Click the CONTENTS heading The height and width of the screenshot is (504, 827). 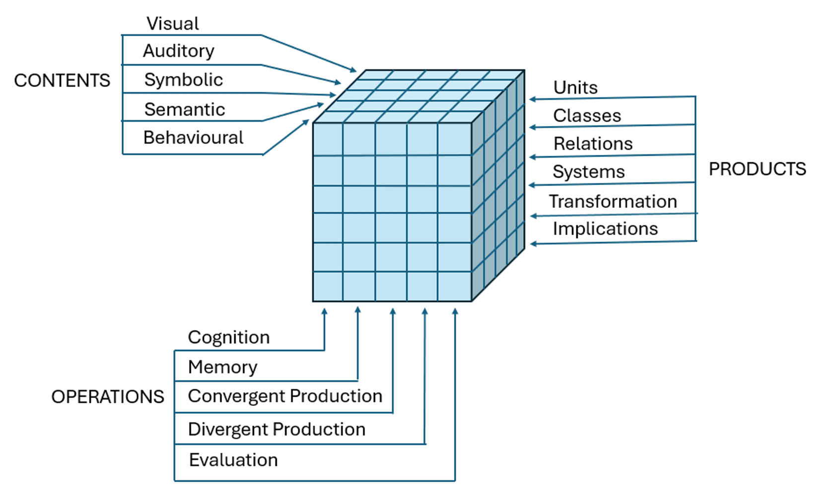[62, 80]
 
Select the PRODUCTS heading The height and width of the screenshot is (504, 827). [757, 169]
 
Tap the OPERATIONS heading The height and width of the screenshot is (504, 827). [108, 397]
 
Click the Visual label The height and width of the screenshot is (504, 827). [173, 23]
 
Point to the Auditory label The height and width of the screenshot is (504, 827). [179, 51]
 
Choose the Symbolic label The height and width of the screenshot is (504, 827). [184, 79]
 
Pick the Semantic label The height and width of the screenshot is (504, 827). [185, 109]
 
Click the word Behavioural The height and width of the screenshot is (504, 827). [193, 137]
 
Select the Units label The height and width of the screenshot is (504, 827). [575, 87]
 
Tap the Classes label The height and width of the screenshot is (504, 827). [587, 116]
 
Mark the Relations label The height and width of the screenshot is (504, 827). [593, 143]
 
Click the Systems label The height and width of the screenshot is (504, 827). [588, 172]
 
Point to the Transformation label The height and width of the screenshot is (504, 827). [613, 201]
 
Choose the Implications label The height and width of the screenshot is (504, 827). [605, 229]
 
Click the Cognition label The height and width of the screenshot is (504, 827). [229, 337]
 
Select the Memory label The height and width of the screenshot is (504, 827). [222, 367]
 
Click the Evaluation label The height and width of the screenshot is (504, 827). [233, 460]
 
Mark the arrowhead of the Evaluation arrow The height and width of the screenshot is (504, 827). [455, 312]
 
